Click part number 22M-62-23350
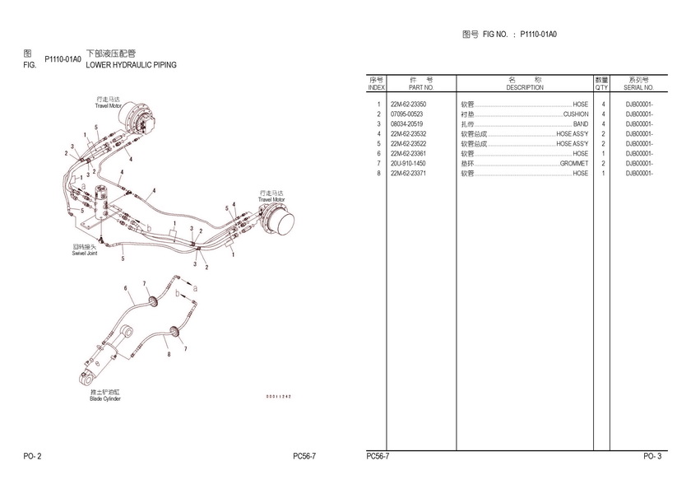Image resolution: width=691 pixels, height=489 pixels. (x=408, y=105)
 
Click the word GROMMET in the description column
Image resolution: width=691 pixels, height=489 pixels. (x=574, y=164)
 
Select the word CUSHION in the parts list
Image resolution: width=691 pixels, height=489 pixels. (x=576, y=114)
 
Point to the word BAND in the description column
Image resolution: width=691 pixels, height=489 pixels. (x=581, y=124)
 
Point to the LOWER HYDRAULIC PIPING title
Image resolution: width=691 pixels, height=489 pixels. (x=132, y=64)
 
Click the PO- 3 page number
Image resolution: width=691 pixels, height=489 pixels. (x=652, y=456)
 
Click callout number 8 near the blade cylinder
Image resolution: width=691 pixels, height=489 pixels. (x=169, y=354)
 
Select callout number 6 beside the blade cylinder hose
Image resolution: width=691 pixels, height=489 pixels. (x=126, y=288)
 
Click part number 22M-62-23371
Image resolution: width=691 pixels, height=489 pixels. (x=408, y=174)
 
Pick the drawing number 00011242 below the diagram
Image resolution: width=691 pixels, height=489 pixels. (x=278, y=396)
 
